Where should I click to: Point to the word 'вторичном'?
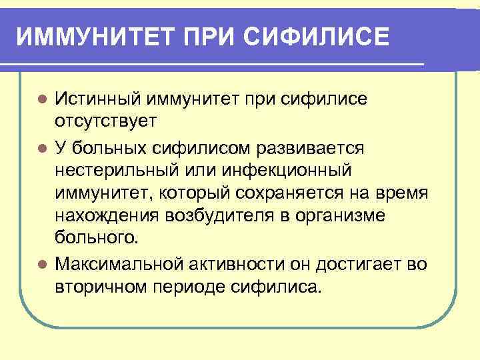(101, 287)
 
